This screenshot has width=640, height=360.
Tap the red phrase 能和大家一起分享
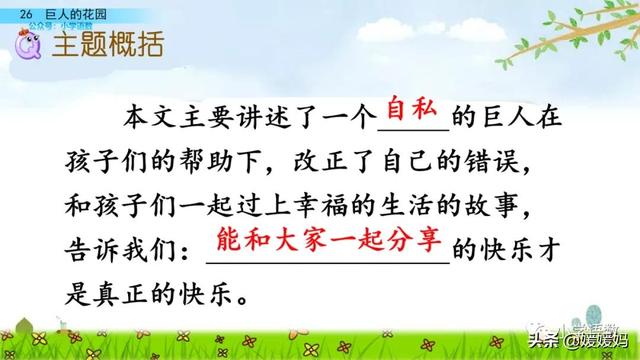pyautogui.click(x=329, y=241)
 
